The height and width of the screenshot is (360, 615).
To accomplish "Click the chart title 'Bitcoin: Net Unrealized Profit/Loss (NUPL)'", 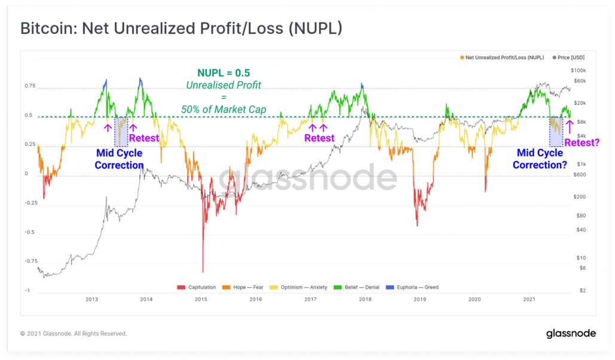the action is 181,29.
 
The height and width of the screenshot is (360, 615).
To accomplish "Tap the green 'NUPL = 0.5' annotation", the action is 224,73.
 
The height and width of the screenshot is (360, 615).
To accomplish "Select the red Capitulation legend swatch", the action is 181,288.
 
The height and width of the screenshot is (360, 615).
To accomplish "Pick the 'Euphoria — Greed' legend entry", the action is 412,288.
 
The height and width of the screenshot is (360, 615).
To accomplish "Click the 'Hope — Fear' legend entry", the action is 243,288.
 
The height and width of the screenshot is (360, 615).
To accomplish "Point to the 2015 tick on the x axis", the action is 201,299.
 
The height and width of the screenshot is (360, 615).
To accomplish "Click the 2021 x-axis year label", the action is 529,299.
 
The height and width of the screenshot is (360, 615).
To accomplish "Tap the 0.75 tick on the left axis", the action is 30,86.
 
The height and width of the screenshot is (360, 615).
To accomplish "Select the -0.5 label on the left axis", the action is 30,232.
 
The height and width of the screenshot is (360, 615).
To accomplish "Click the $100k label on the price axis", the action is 578,71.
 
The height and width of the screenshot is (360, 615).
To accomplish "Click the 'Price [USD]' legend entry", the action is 568,58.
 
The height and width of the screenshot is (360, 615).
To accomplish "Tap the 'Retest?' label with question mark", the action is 582,142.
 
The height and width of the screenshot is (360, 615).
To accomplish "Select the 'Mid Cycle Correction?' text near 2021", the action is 540,159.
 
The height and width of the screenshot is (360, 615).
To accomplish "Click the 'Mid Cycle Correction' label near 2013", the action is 120,159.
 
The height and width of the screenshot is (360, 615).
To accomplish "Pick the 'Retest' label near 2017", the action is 319,138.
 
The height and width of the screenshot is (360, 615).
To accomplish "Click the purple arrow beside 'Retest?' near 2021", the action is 570,127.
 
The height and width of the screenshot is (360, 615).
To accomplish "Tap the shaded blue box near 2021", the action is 556,132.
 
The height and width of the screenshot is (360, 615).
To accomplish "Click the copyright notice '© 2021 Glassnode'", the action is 74,334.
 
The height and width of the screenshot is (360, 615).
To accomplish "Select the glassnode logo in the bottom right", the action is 571,333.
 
